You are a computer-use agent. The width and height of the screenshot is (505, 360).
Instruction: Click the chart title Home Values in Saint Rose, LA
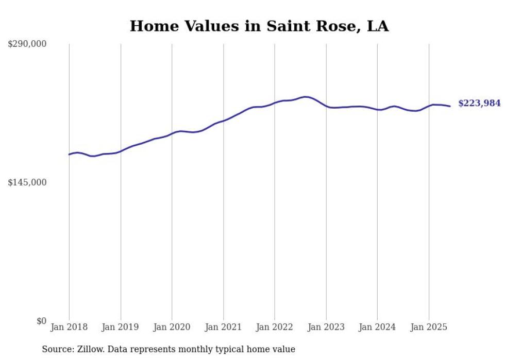259,26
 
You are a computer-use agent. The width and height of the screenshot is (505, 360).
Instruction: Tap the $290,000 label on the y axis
27,44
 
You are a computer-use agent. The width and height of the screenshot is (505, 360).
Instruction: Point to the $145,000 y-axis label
27,182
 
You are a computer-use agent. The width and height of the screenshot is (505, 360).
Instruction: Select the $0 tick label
41,321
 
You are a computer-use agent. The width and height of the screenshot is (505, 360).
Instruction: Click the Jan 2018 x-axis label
69,327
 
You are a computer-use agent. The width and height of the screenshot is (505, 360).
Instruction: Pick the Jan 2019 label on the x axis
121,327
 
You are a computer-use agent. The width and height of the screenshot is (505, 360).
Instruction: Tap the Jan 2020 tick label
172,327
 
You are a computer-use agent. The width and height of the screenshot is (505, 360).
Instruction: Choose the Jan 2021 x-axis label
223,327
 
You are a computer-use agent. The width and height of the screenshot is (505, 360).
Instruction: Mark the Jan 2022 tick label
275,327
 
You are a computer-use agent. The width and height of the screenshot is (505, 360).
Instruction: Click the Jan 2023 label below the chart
326,327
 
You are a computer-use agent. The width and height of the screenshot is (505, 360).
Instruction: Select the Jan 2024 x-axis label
377,327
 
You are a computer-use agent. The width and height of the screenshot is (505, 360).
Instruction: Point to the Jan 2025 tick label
429,327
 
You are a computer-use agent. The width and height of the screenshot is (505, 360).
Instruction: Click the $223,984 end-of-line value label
479,104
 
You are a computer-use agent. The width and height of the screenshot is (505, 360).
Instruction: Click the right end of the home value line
450,106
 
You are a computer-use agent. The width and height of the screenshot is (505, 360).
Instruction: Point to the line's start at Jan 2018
69,154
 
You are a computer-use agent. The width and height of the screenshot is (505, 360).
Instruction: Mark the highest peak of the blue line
306,96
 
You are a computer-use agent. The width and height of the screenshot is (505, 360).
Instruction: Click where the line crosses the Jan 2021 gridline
223,121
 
